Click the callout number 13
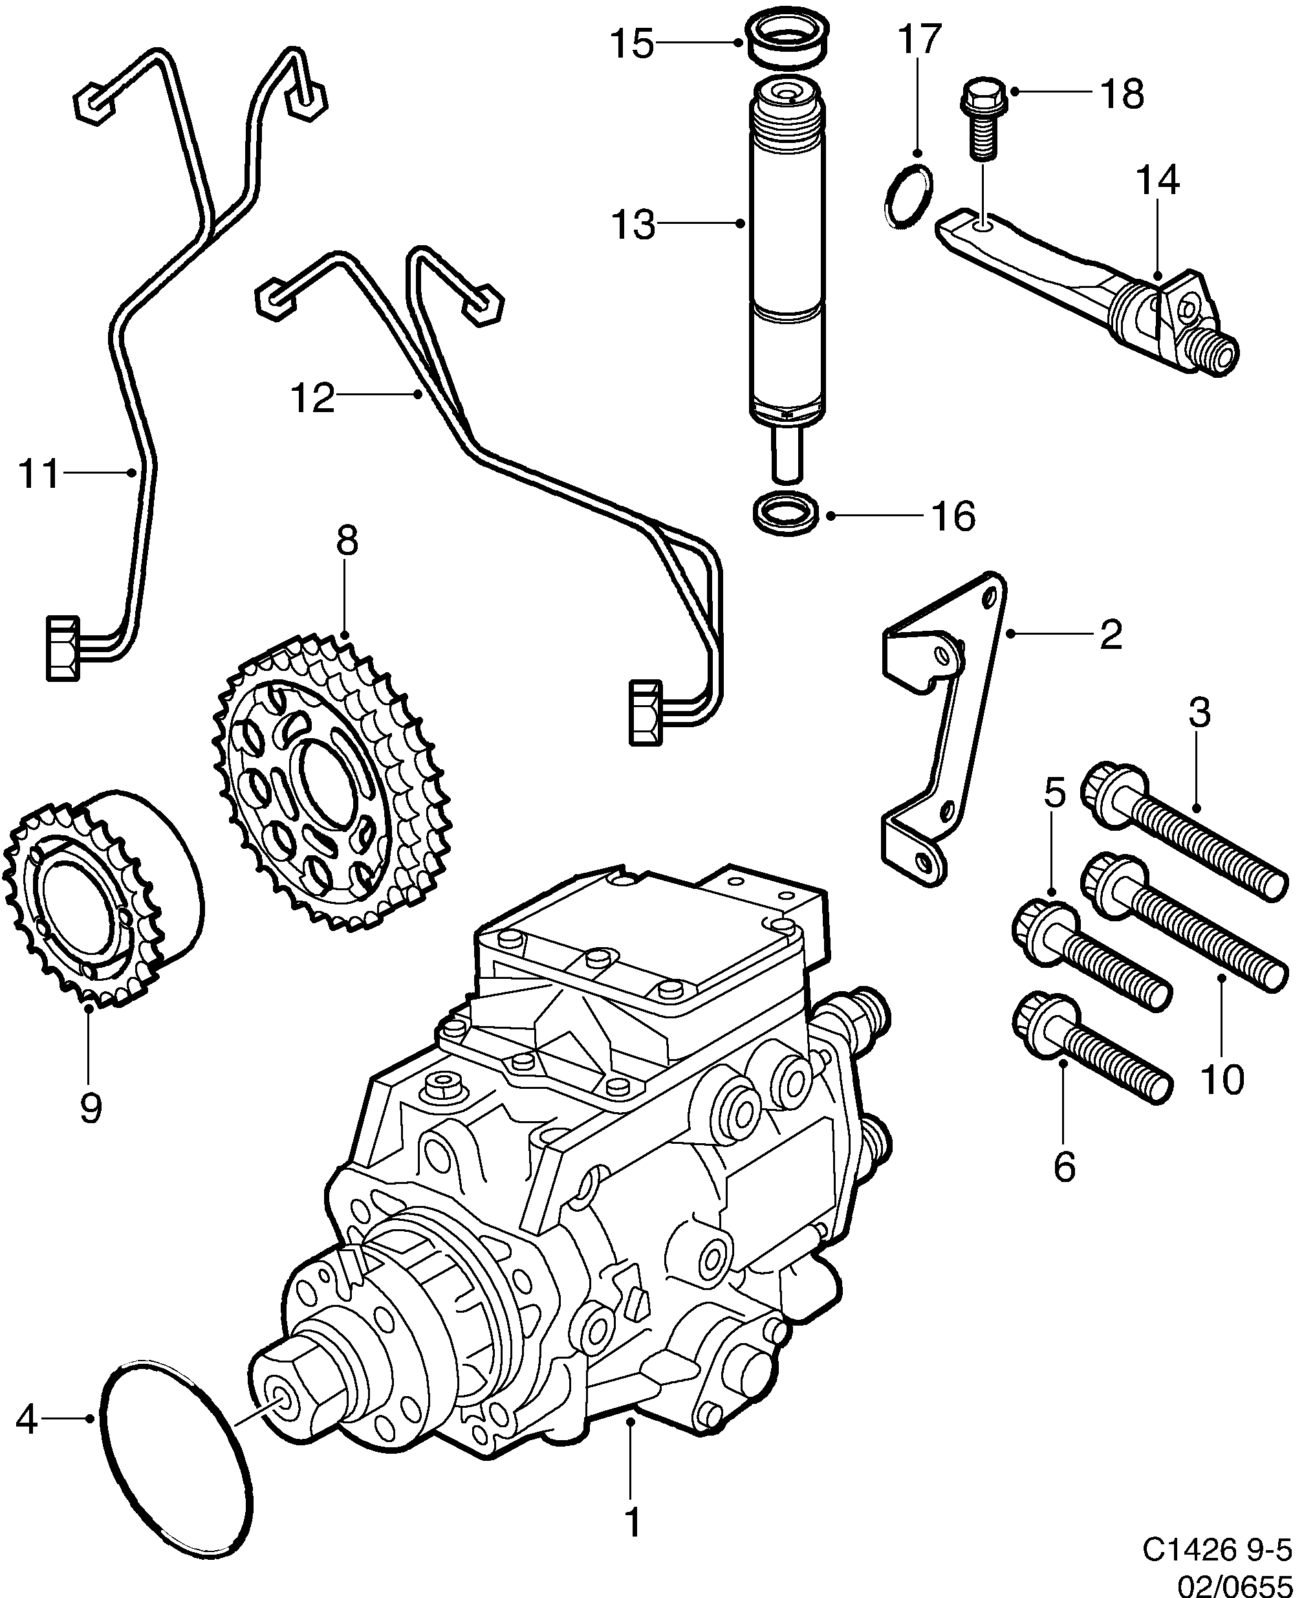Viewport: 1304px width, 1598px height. [633, 224]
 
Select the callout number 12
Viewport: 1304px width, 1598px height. [312, 398]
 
